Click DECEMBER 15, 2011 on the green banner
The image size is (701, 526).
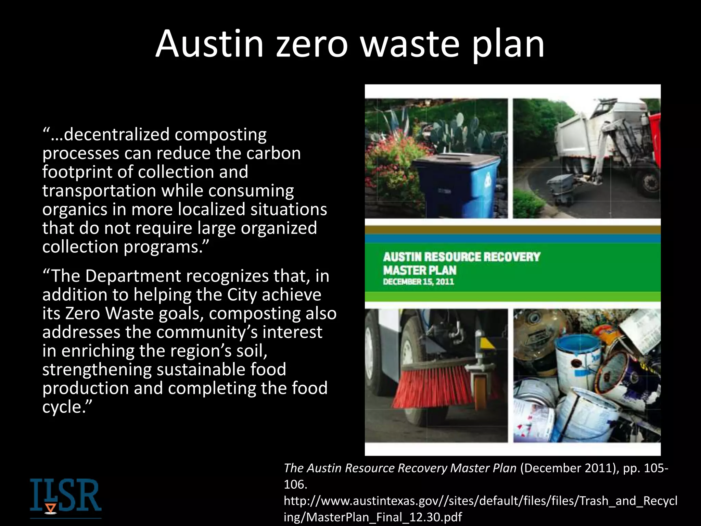coord(418,282)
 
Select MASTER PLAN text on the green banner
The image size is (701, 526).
coord(420,270)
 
